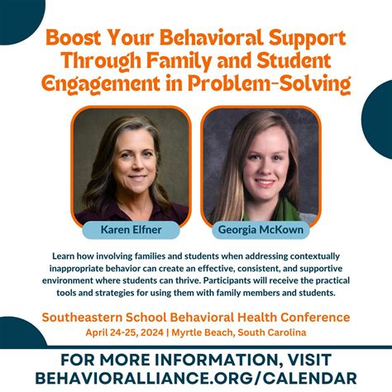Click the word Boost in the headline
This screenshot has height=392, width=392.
click(x=74, y=38)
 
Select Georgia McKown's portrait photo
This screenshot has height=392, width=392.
click(x=261, y=165)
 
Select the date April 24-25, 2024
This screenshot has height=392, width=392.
click(x=122, y=332)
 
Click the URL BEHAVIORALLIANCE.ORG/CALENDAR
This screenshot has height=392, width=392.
click(x=196, y=377)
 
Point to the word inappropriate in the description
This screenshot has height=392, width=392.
click(x=90, y=269)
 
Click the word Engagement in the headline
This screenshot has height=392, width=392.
click(x=100, y=84)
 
